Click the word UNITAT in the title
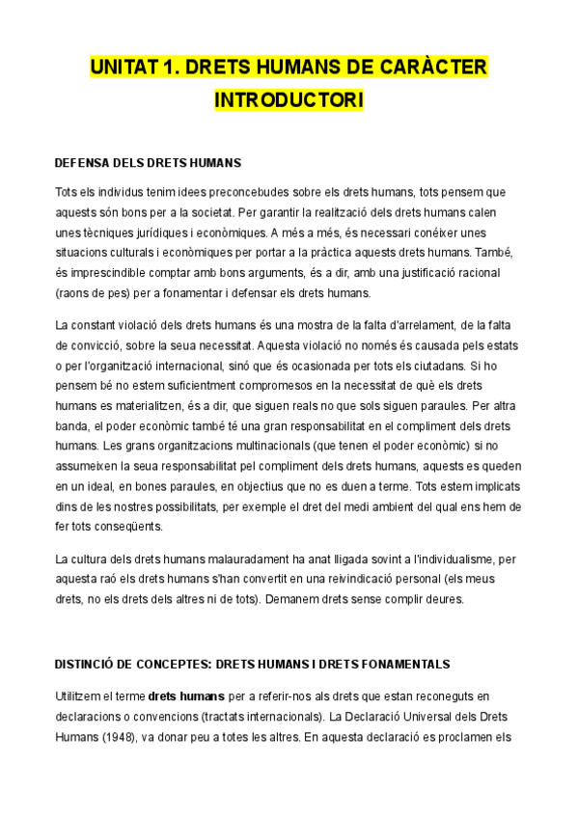point(123,68)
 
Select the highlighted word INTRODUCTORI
point(289,100)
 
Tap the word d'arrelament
point(413,324)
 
